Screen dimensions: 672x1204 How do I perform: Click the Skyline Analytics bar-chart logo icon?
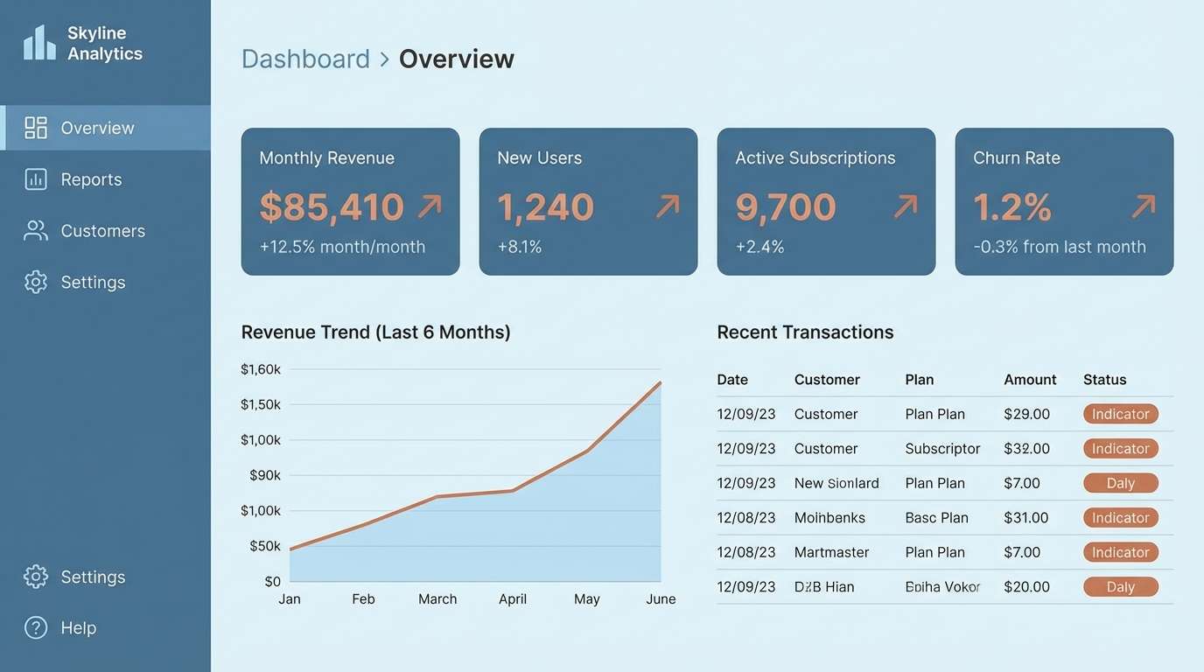[39, 43]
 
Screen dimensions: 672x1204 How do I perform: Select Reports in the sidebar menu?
[91, 179]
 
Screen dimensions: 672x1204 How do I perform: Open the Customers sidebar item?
[102, 231]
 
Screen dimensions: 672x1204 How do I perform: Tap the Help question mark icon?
[36, 627]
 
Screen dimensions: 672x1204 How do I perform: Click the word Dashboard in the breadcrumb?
[305, 59]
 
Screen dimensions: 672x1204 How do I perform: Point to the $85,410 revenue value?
[332, 207]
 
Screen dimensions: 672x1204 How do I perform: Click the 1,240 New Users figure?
[545, 207]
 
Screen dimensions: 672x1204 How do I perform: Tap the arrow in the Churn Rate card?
[1143, 206]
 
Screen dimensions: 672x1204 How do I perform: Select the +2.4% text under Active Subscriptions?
[759, 247]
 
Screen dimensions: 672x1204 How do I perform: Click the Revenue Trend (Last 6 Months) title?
[375, 332]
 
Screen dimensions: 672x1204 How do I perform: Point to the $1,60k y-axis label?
[261, 369]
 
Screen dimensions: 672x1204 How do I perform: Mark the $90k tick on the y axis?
[265, 475]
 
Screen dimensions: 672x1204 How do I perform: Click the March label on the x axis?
[437, 598]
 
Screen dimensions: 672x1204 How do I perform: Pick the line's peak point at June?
[661, 382]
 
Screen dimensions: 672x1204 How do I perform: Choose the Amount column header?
[1030, 380]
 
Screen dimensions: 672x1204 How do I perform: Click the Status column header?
[1104, 380]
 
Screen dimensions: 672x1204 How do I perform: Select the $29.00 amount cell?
[1026, 414]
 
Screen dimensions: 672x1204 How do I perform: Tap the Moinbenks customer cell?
[829, 518]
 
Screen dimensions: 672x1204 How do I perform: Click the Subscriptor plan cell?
[942, 449]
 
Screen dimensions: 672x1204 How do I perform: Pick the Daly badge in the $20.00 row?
[1120, 587]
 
